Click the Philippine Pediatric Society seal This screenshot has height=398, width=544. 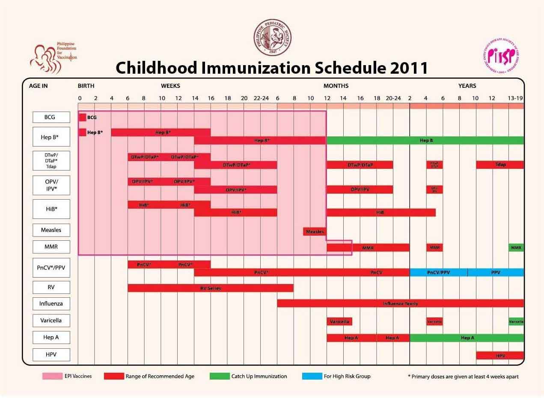(x=273, y=38)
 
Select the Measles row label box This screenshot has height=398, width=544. (x=51, y=230)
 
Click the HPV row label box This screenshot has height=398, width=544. (x=51, y=355)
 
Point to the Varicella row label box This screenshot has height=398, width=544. (x=51, y=320)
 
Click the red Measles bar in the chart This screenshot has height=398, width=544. (x=315, y=232)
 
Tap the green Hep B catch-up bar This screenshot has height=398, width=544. (x=425, y=141)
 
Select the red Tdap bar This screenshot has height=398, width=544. (x=500, y=165)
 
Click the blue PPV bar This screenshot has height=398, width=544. (x=496, y=272)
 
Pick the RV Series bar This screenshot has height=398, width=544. (x=211, y=288)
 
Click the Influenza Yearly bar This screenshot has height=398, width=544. (x=400, y=303)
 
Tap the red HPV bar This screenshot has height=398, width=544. (x=500, y=355)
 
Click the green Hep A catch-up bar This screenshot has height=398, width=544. (x=467, y=338)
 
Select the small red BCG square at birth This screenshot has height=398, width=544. (x=83, y=117)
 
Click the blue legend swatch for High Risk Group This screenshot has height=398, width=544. (x=311, y=376)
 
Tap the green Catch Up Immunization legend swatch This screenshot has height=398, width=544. (x=219, y=376)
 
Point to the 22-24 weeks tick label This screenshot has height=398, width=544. (x=261, y=99)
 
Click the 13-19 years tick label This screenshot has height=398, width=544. (x=515, y=99)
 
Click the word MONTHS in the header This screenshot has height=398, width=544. (x=336, y=86)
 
